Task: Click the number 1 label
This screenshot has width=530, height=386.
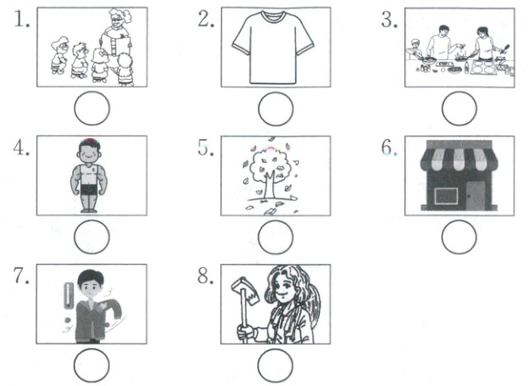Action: pos(22,20)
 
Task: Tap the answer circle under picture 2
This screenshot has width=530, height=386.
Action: pos(276,109)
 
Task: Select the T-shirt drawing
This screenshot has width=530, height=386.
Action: pos(273,48)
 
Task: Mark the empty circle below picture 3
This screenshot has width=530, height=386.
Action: pos(459,109)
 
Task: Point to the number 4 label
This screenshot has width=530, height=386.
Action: pos(21,148)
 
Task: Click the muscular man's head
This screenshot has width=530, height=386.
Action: pos(90,151)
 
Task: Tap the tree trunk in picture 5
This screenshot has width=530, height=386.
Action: pos(270,185)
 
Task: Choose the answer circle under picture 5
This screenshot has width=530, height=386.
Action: pos(276,237)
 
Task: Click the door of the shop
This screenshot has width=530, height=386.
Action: pos(476,196)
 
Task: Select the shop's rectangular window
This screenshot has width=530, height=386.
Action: pos(446,196)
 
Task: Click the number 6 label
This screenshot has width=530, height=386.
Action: pos(389,148)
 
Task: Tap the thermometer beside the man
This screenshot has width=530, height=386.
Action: pos(69,296)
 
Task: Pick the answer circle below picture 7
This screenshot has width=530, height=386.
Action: pos(92,366)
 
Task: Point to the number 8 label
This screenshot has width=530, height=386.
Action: pos(205,277)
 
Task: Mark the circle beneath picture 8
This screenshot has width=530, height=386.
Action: pos(275,366)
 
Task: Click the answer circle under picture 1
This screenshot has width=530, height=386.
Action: pos(92,108)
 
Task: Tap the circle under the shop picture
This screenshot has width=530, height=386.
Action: pos(459,237)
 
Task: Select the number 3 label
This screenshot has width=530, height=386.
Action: pos(389,20)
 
